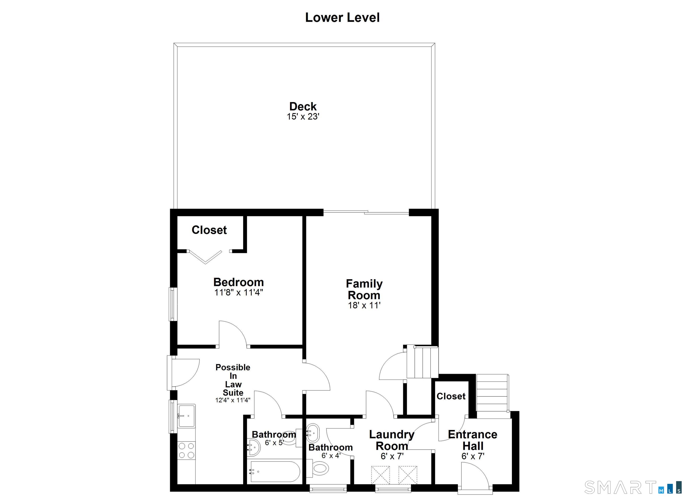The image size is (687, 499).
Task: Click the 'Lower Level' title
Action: coord(342,18)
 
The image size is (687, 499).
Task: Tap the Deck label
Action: coord(303,106)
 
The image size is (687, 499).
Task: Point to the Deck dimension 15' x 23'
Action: coord(303,117)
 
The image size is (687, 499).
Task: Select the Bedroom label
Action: coord(239,282)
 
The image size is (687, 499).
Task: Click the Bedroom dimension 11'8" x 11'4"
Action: coord(239,292)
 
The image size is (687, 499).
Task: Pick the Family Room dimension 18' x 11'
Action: coord(364,305)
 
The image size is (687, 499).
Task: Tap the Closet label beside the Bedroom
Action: coord(209,230)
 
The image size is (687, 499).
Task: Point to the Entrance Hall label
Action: coord(473,440)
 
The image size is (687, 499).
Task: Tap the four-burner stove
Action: coord(186,451)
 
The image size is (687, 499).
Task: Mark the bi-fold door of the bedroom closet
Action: coord(205,257)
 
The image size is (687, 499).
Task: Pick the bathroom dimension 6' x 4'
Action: coord(331,455)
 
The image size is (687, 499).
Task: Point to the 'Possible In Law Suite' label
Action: coord(233,380)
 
